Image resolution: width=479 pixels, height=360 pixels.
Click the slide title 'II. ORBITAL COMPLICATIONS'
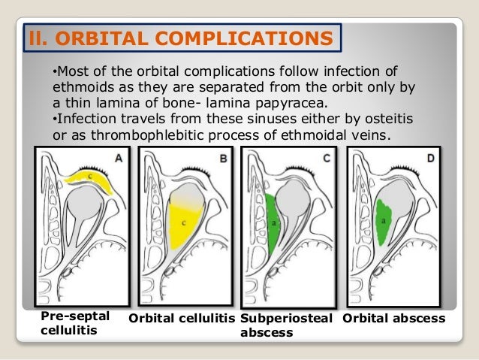coord(180,37)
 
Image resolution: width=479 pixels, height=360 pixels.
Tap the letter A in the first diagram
coord(119,159)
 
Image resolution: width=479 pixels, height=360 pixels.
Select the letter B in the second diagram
coord(221,159)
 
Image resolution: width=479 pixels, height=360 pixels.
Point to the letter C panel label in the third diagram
coord(325,159)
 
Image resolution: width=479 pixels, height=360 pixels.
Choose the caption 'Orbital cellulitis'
coord(182,319)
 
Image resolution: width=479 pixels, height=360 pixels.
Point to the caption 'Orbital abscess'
coord(394,319)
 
